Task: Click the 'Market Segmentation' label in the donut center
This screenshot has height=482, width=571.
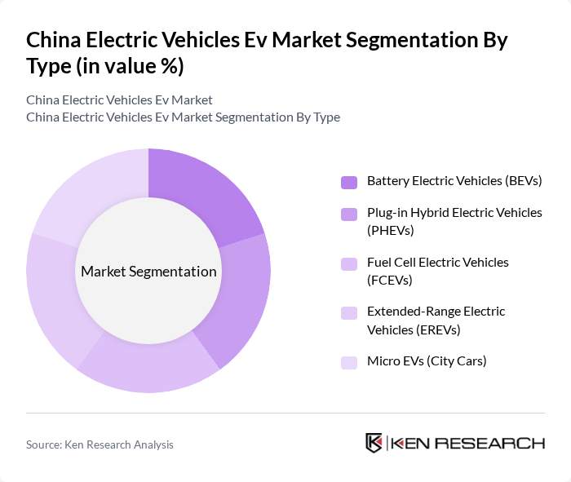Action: point(148,272)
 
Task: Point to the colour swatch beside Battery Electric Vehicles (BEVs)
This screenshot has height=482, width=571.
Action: point(348,181)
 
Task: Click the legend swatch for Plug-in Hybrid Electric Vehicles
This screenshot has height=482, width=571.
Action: point(348,214)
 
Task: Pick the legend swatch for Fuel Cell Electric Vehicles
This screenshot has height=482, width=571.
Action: point(348,263)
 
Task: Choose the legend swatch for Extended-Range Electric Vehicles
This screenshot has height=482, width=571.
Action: point(348,312)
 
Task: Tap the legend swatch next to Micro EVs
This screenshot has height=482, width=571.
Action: point(348,362)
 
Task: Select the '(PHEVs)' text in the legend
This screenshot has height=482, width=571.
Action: point(391,231)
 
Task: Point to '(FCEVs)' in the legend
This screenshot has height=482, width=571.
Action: point(390,280)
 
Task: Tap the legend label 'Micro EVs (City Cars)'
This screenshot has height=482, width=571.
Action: point(427,360)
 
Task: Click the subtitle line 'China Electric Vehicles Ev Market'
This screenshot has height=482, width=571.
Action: point(119,99)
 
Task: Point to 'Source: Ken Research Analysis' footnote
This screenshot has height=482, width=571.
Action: point(100,444)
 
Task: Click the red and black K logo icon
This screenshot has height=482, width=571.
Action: point(374,443)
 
